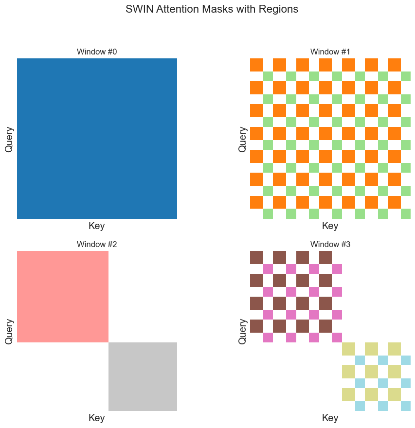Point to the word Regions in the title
coord(278,9)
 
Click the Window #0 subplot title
coord(97,52)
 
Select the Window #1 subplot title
coord(330,52)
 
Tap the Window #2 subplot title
coord(97,244)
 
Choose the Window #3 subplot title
coord(330,244)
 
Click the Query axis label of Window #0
coord(9,139)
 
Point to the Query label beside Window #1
coord(243,139)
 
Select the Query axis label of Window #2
coord(9,331)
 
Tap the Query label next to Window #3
coord(243,331)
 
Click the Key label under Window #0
coord(97,226)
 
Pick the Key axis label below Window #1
coord(330,226)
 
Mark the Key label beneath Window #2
coord(97,418)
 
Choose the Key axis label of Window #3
coord(330,418)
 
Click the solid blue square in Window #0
coord(97,139)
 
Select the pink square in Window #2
coord(63,297)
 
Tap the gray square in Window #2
coord(143,376)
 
